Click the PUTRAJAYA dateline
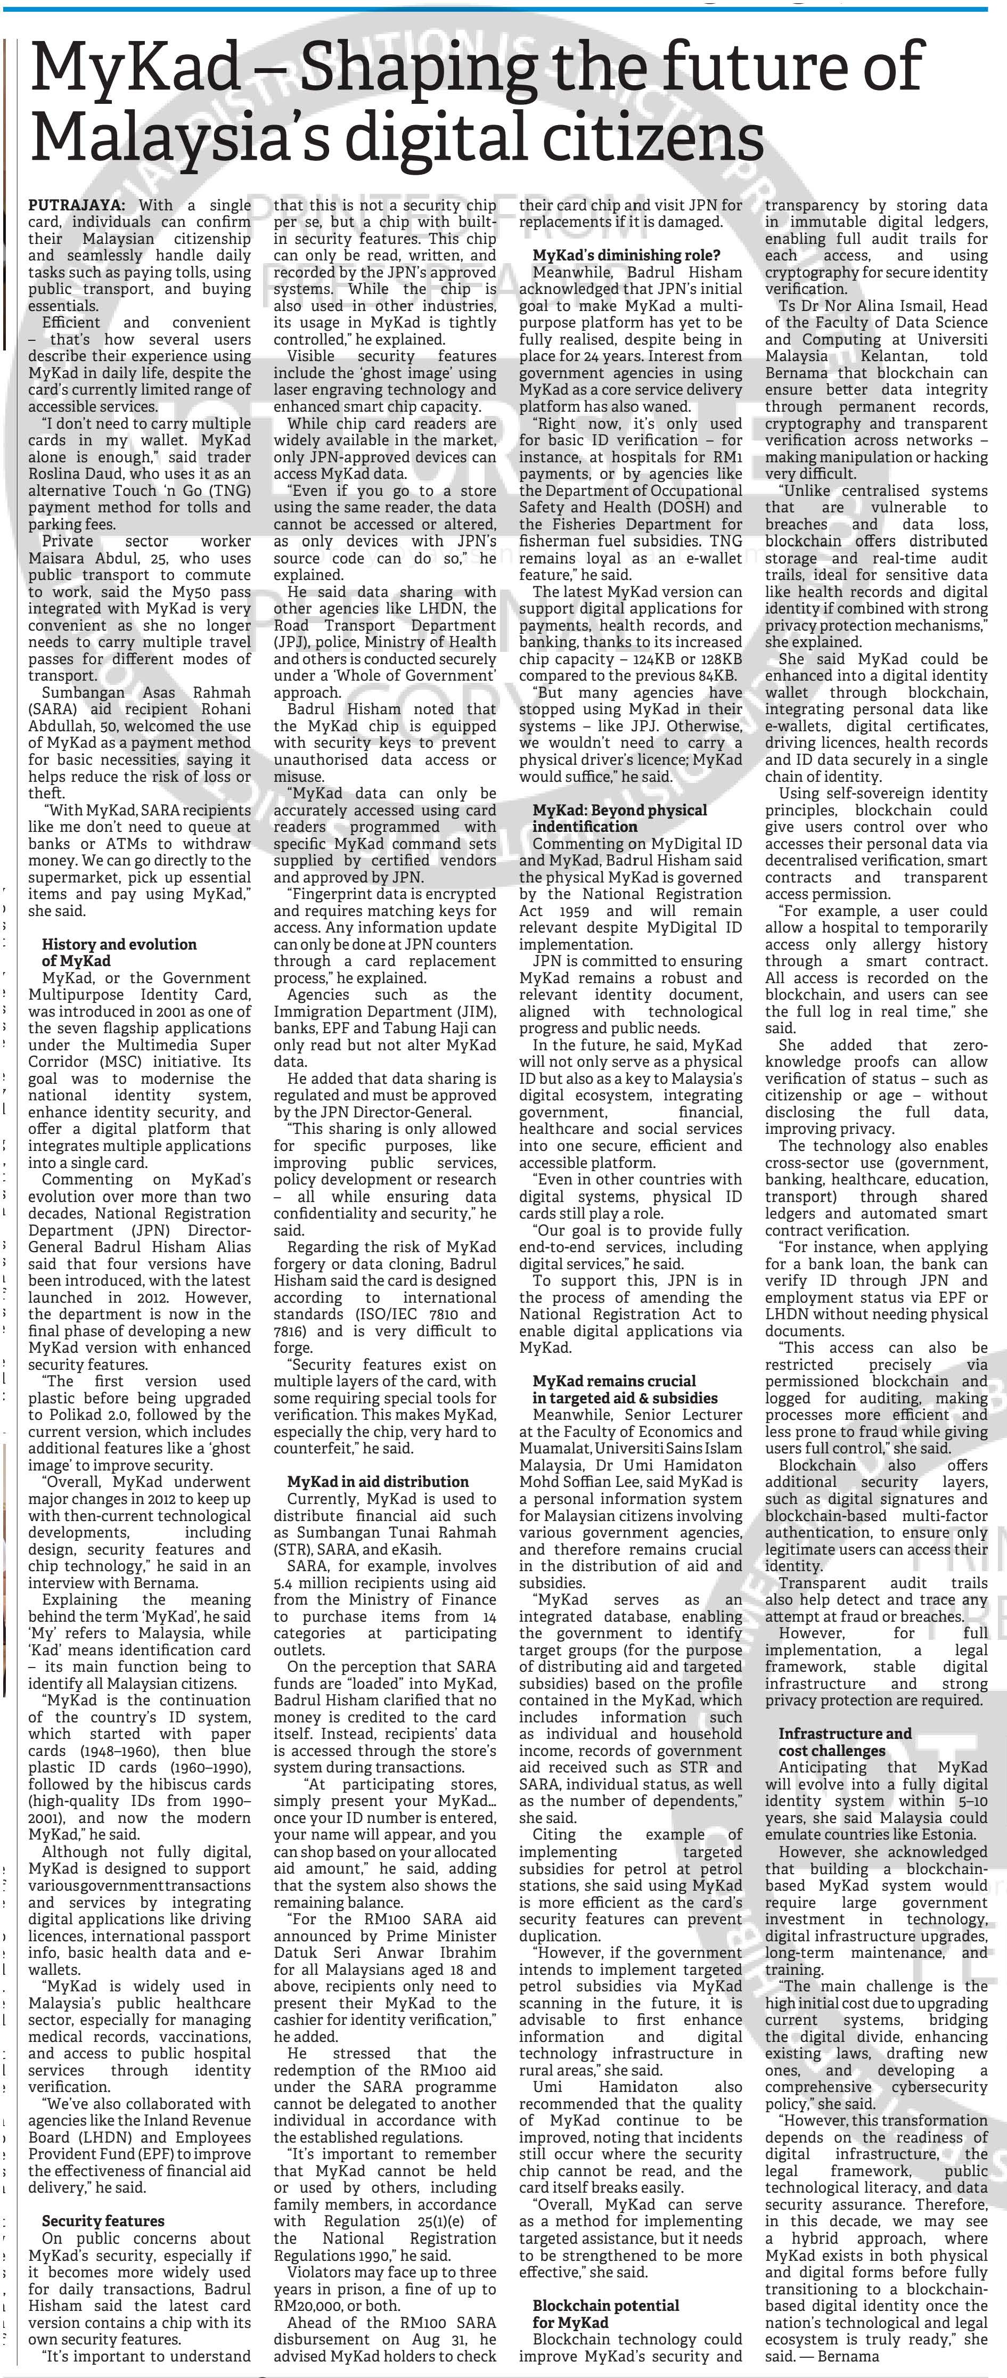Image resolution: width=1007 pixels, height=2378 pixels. click(x=81, y=205)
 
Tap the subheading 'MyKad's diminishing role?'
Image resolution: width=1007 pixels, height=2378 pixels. click(x=627, y=255)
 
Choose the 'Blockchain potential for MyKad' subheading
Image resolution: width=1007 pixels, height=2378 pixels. click(x=605, y=2314)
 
